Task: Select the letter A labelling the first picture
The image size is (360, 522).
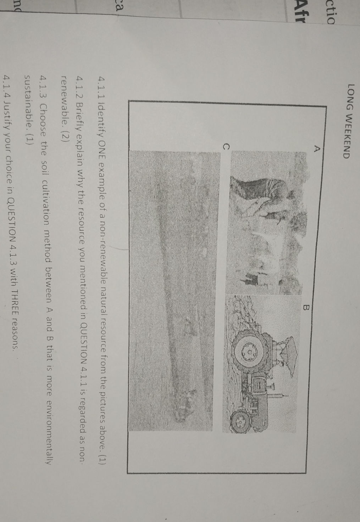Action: [x=316, y=148]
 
